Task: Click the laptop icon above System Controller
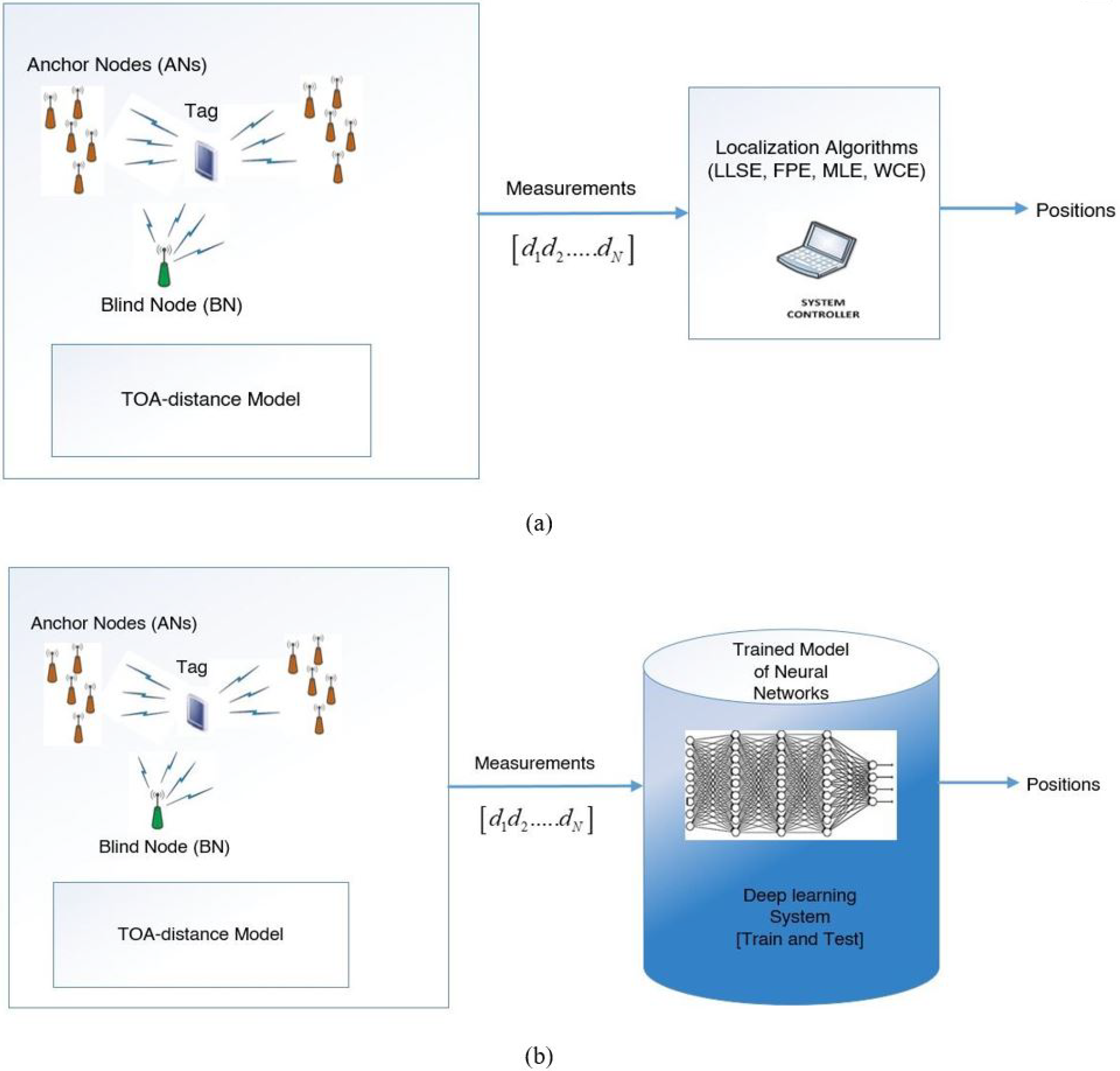[x=816, y=251]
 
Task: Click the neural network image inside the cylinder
[x=791, y=784]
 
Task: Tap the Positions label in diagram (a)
[x=1076, y=210]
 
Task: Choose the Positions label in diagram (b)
[x=1063, y=784]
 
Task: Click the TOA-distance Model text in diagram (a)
[x=211, y=399]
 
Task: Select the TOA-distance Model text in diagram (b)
[x=200, y=934]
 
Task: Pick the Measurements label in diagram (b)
[x=535, y=763]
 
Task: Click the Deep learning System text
[x=800, y=917]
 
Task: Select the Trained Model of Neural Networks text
[x=791, y=671]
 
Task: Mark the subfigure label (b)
[x=539, y=1057]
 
